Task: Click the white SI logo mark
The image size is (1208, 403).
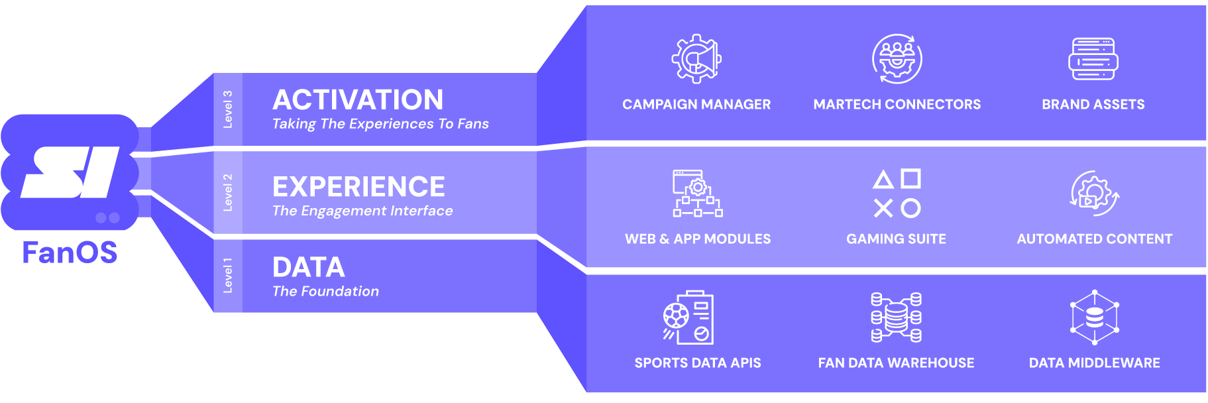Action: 70,172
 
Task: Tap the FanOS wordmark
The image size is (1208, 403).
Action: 70,253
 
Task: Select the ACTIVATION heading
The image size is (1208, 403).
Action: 358,100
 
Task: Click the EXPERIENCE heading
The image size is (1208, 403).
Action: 358,187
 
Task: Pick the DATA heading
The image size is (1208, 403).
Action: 309,268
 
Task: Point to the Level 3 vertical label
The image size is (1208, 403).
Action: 228,109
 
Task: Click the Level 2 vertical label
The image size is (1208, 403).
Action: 228,193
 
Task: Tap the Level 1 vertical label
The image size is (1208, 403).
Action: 228,276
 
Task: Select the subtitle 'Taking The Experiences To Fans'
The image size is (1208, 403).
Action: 380,124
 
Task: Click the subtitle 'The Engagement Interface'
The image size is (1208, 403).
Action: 362,211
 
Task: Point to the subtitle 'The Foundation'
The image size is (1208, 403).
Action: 325,291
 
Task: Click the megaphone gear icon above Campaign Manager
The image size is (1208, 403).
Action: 696,59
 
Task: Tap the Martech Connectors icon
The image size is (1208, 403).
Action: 897,59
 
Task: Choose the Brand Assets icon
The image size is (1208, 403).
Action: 1093,59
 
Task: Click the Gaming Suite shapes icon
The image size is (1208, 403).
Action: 897,194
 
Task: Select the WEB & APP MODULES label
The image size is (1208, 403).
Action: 698,239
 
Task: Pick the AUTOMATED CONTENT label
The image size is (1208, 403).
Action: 1095,239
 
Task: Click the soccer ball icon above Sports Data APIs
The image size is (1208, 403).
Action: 677,316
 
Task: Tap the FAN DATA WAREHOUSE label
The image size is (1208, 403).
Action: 896,363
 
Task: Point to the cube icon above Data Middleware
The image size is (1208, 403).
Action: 1095,317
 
